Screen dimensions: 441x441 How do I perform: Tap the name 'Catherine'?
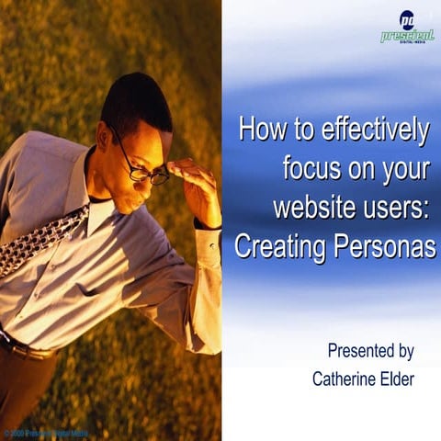(x=343, y=379)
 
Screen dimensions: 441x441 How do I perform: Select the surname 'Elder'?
(x=396, y=379)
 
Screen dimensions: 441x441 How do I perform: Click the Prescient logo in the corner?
(x=407, y=28)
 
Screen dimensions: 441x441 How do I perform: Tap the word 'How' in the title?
(x=256, y=131)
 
